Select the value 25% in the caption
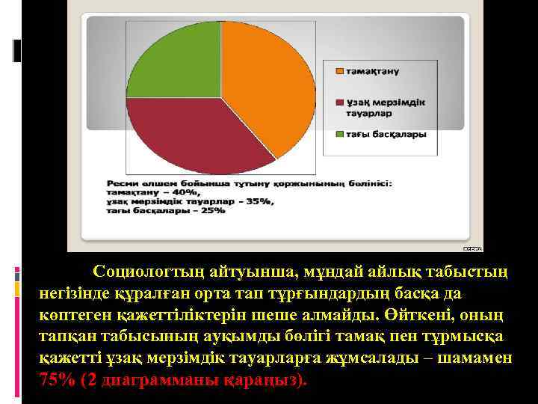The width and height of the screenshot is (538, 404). tap(212, 210)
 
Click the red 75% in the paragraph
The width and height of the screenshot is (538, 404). tap(57, 379)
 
